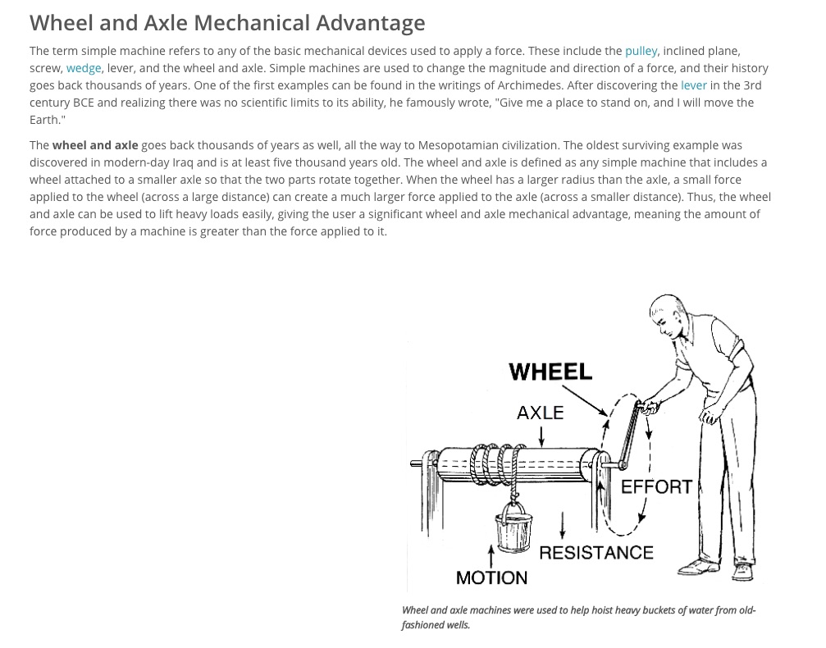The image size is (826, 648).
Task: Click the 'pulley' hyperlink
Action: pos(641,51)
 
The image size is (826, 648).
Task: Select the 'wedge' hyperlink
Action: pos(84,68)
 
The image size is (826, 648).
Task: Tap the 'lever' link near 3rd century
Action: pos(693,85)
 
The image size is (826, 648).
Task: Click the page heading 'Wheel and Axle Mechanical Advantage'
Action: pos(227,22)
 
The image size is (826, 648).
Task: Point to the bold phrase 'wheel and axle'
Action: pos(95,145)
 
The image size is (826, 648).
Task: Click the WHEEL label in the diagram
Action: pos(550,372)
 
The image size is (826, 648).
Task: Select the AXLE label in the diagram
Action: pos(540,413)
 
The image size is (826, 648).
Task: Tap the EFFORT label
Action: pos(656,487)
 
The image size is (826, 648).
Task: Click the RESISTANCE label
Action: pos(596,553)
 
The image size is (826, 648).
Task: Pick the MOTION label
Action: pos(491,577)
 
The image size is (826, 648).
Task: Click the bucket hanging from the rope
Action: pos(512,533)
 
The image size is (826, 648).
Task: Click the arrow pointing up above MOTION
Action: pos(491,557)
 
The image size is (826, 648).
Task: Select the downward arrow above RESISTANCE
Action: pos(562,525)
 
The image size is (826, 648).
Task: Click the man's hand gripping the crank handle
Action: pos(650,405)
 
